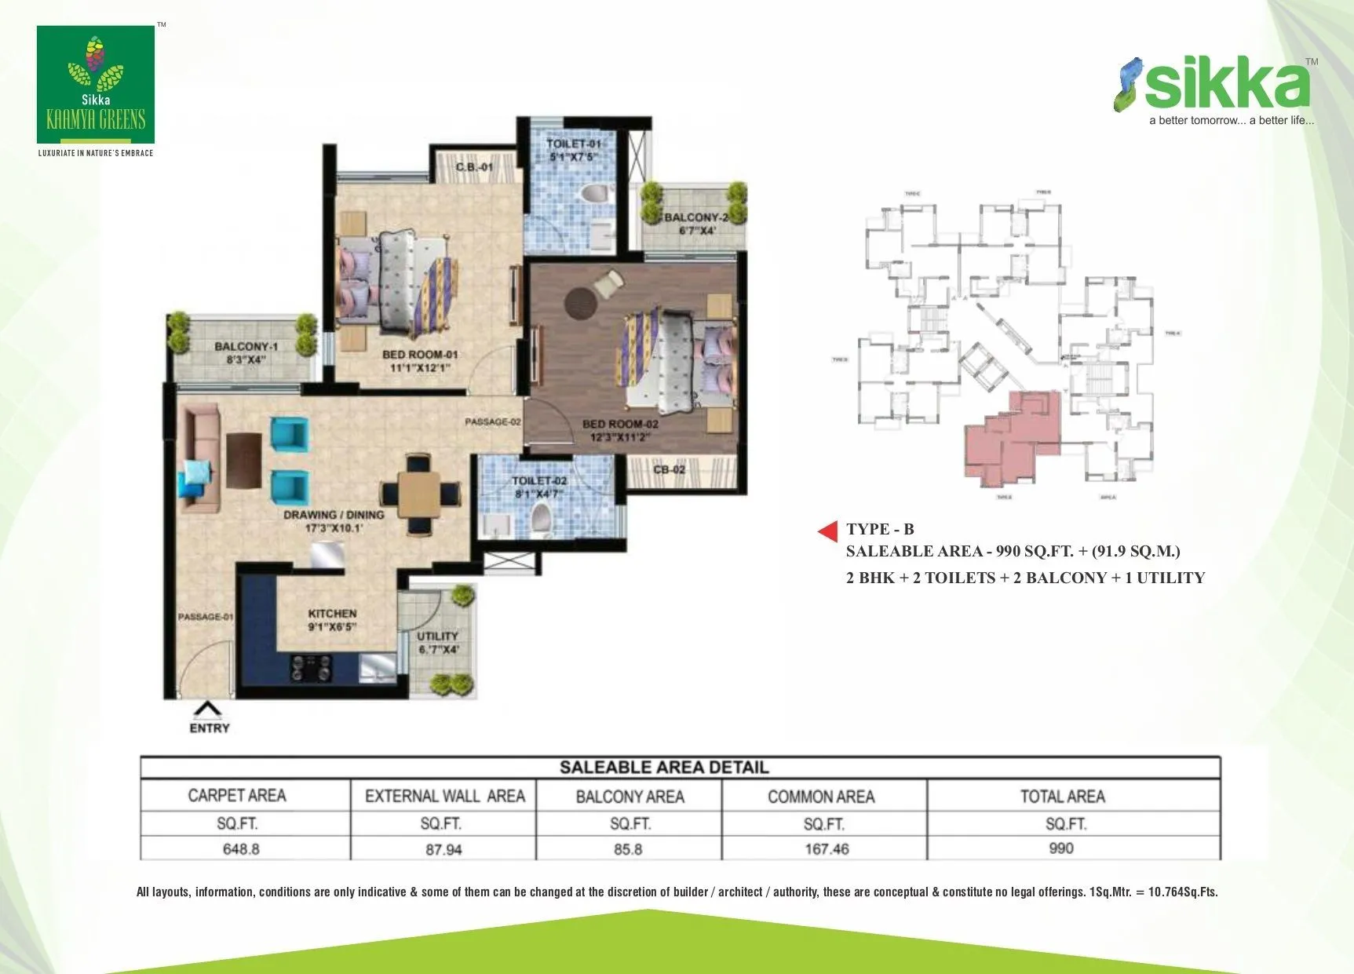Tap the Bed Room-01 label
(420, 360)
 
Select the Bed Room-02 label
(620, 430)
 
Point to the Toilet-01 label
(574, 150)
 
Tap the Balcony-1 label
(246, 352)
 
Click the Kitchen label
(332, 619)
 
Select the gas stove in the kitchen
(312, 668)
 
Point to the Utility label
(438, 642)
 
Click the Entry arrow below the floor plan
(208, 710)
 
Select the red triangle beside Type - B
(828, 531)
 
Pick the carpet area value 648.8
(241, 848)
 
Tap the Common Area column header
(821, 797)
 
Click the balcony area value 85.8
(628, 848)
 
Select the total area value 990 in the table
(1061, 848)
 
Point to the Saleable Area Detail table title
(664, 767)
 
